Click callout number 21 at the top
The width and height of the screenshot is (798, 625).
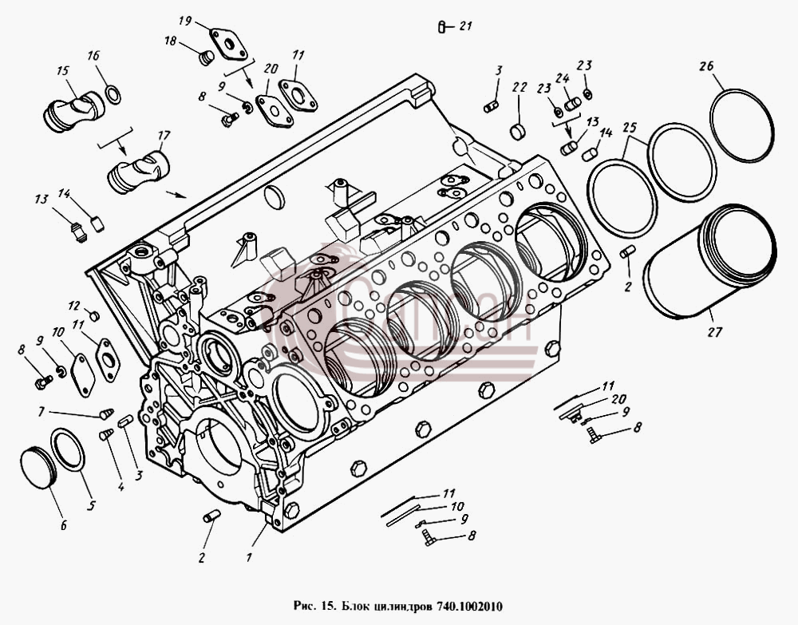[x=466, y=26]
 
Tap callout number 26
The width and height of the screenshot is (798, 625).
[x=706, y=65]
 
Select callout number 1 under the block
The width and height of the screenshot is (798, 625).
[x=249, y=557]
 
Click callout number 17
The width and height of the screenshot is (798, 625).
[x=164, y=136]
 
